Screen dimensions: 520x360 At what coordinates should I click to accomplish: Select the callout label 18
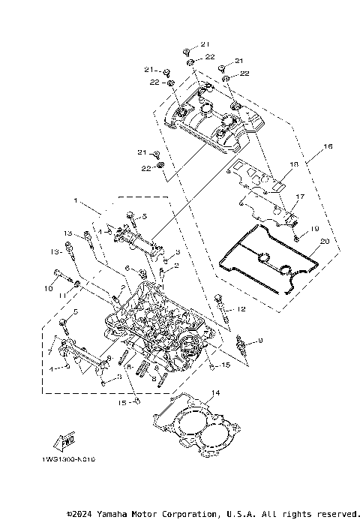pos(294,164)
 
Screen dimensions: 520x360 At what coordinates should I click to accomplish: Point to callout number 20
pos(324,242)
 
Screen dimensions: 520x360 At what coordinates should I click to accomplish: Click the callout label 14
pos(215,393)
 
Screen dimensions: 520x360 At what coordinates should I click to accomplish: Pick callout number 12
pos(241,308)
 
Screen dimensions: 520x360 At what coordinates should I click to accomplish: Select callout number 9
pos(260,341)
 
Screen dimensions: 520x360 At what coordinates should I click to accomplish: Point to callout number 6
pos(127,268)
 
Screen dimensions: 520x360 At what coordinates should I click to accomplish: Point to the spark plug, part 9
pos(241,346)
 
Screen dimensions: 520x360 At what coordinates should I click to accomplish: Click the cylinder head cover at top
pos(214,124)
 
